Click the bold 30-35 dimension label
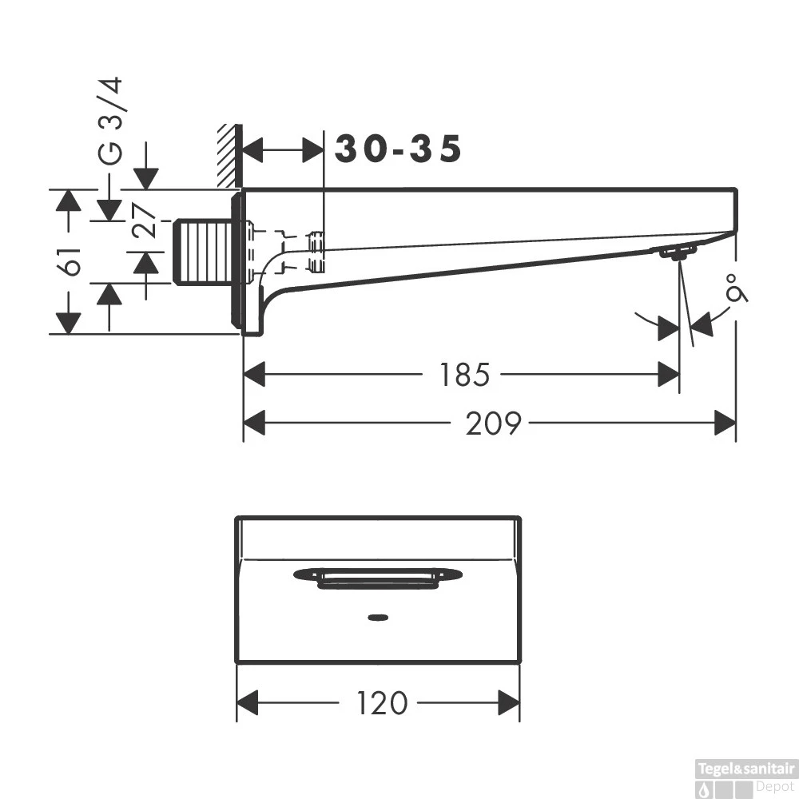[x=398, y=149]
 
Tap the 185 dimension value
[x=464, y=375]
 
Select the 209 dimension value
[x=493, y=423]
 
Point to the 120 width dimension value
[x=382, y=704]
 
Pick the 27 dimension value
[x=144, y=221]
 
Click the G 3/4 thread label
[x=110, y=121]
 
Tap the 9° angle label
[x=737, y=288]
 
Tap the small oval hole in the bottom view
[x=378, y=618]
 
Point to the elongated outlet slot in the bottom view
[x=378, y=578]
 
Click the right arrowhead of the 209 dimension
[x=725, y=423]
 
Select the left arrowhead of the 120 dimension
[x=248, y=703]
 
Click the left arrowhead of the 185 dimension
[x=254, y=375]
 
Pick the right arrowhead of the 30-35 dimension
[x=313, y=150]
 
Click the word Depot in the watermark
[x=774, y=787]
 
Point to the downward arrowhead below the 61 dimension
[x=68, y=323]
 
